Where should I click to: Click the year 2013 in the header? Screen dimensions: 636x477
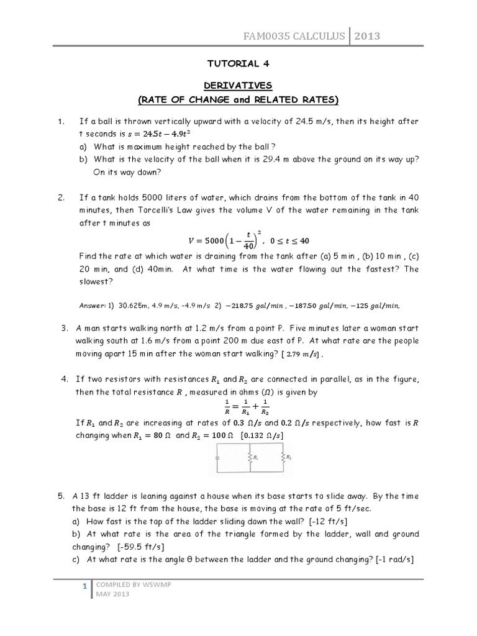point(367,37)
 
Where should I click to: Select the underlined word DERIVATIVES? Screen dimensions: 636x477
point(238,84)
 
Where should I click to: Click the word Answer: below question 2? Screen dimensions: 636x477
point(93,306)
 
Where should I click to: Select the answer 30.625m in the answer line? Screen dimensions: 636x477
point(130,306)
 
